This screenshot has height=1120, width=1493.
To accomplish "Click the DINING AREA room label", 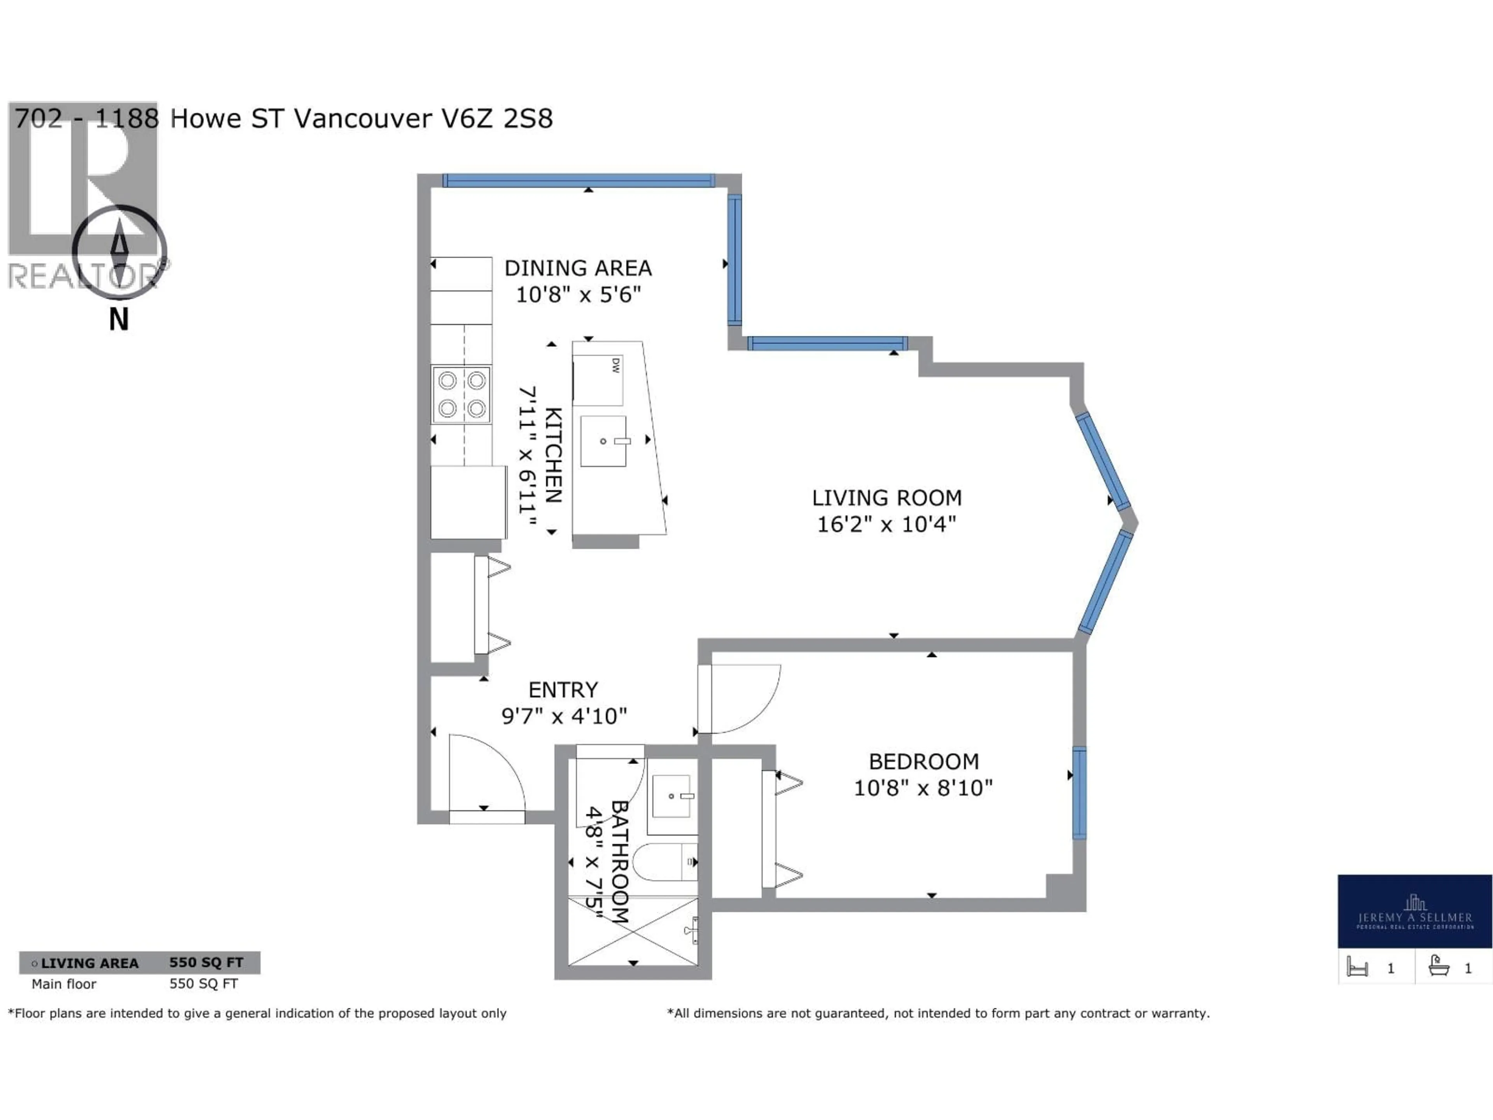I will click(x=578, y=268).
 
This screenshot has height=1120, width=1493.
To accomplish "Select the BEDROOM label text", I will click(x=923, y=761).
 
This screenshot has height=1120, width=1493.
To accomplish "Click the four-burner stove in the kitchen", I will click(x=462, y=395).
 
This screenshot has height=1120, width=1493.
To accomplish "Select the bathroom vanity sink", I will click(x=671, y=796).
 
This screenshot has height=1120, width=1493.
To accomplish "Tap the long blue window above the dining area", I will click(x=579, y=180).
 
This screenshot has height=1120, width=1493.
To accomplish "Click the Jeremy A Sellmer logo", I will click(x=1415, y=912).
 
